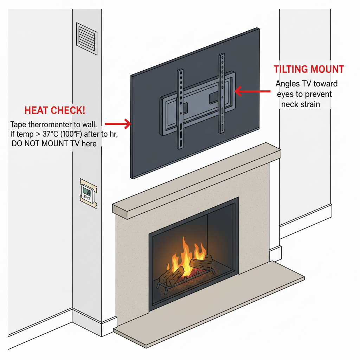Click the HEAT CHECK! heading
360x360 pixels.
(x=54, y=111)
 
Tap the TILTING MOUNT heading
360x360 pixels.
(x=309, y=69)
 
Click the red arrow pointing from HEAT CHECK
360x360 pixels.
(x=118, y=123)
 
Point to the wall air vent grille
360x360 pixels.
(x=86, y=39)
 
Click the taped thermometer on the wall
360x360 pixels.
(x=87, y=192)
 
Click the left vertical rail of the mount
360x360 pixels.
(x=180, y=109)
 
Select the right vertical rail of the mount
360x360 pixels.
(x=221, y=93)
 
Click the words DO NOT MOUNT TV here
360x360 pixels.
(x=54, y=143)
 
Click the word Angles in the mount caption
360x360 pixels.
(x=287, y=84)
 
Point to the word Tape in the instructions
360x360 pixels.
(x=18, y=124)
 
